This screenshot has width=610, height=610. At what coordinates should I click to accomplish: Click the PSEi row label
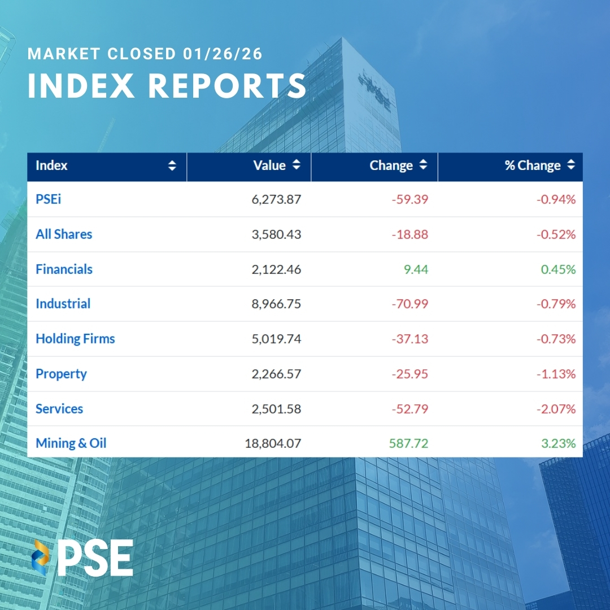(49, 199)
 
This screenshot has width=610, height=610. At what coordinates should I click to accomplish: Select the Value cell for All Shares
(276, 234)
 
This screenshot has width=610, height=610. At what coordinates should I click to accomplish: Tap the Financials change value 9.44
(416, 269)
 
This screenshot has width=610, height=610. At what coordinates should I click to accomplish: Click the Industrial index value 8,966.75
(276, 304)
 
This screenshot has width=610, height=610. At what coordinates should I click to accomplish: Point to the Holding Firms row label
(75, 339)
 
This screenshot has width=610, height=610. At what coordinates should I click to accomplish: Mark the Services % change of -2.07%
(556, 409)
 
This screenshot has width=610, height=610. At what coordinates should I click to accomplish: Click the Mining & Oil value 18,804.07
(273, 443)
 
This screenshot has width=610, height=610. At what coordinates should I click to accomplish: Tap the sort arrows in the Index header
(172, 166)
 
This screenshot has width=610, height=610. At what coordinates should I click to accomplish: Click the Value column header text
(270, 165)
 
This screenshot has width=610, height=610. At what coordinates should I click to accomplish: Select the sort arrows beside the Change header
(423, 165)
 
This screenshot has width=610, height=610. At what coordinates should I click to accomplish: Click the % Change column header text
(533, 165)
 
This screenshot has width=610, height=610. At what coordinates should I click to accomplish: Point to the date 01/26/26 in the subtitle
(223, 54)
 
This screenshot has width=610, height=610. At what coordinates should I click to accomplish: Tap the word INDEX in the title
(81, 86)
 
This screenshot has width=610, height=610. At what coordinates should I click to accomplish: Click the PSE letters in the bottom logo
(96, 558)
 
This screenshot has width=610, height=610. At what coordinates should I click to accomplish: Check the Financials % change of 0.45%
(558, 269)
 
